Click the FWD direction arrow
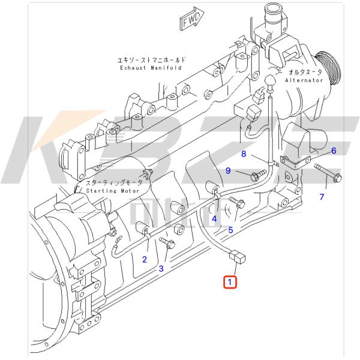191,19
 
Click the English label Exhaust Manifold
151,68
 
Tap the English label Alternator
304,80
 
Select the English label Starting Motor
113,191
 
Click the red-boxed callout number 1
230,282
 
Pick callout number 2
145,259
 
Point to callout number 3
161,268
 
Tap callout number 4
214,219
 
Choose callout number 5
230,230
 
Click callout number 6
334,151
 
